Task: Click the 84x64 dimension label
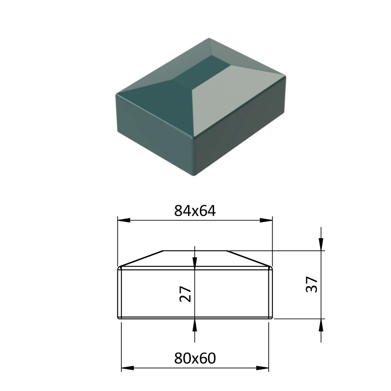(x=195, y=211)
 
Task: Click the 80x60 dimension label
(x=195, y=358)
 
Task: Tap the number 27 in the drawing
(x=185, y=294)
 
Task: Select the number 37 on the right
(x=312, y=284)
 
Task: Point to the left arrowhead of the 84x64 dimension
(x=124, y=221)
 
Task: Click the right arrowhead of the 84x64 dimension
(x=266, y=221)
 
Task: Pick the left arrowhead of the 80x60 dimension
(x=127, y=368)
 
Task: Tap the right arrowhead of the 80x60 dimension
(x=262, y=368)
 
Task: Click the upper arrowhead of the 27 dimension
(x=195, y=263)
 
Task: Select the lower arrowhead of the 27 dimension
(x=195, y=325)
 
